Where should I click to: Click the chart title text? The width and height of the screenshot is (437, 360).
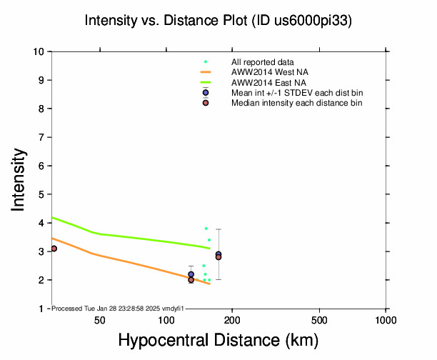pyautogui.click(x=218, y=21)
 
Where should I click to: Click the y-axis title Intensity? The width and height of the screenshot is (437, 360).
pyautogui.click(x=19, y=179)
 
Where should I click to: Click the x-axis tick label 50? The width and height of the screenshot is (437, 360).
pyautogui.click(x=100, y=319)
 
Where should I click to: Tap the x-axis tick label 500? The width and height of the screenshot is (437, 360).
pyautogui.click(x=320, y=319)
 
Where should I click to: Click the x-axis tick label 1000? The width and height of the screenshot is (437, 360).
pyautogui.click(x=386, y=319)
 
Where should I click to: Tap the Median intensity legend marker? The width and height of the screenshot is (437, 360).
pyautogui.click(x=206, y=103)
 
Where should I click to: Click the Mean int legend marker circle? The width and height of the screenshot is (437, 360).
pyautogui.click(x=206, y=93)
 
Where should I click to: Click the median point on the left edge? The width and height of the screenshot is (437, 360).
pyautogui.click(x=54, y=249)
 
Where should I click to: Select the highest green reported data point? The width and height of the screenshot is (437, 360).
pyautogui.click(x=206, y=229)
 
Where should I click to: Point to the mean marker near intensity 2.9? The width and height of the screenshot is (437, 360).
pyautogui.click(x=218, y=254)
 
